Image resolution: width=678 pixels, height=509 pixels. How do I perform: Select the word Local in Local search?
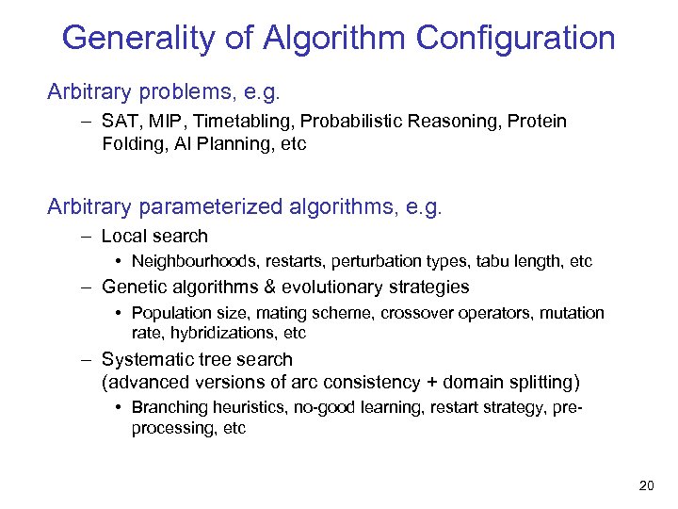123,236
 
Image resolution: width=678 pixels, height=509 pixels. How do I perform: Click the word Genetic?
131,287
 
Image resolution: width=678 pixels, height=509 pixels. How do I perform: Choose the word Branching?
167,407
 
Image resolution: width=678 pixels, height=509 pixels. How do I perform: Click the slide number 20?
646,485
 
